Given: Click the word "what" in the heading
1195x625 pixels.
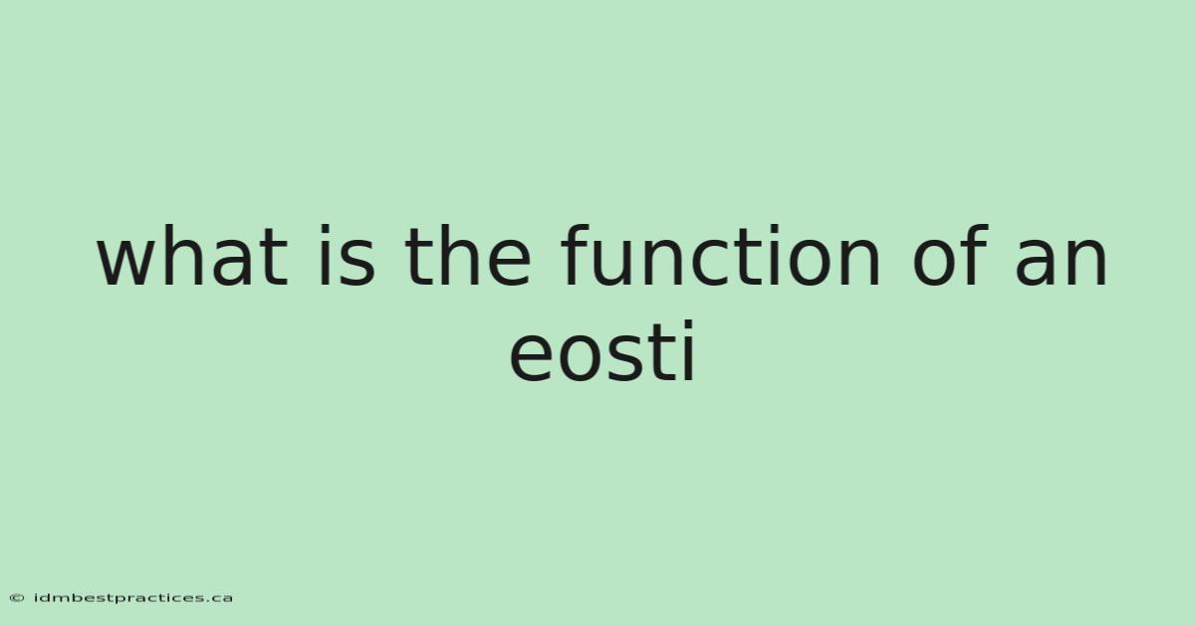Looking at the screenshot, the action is [x=192, y=256].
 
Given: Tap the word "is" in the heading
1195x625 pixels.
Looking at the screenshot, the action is [x=347, y=256].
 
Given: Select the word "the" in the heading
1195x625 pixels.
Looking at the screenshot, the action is [x=467, y=256].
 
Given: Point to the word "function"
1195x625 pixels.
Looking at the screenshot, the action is [x=720, y=256].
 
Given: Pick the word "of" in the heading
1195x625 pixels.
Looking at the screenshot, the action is [x=951, y=256].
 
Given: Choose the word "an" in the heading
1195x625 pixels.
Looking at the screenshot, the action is [x=1061, y=262].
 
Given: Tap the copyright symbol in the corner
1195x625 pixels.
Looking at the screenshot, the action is [x=17, y=598].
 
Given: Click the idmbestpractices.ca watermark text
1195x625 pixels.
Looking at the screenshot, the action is [x=133, y=598].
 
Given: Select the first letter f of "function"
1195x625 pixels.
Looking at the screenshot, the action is [x=576, y=255].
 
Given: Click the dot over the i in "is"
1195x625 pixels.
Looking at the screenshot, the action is [x=325, y=230].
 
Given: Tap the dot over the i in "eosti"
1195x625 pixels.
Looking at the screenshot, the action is [x=689, y=324].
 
